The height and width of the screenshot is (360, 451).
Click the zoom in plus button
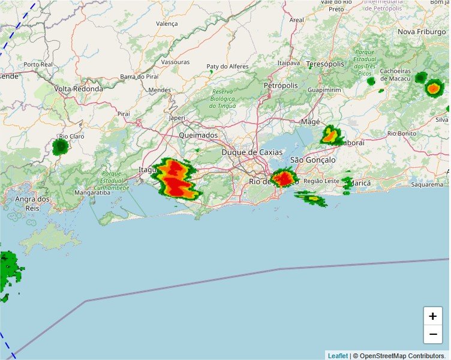click(x=432, y=316)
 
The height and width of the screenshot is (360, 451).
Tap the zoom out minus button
click(x=432, y=334)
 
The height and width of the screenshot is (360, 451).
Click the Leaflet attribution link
click(x=337, y=356)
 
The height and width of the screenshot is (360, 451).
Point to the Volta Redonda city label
click(x=79, y=89)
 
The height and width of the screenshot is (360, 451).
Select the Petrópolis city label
click(x=280, y=85)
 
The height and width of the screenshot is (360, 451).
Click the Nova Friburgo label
click(x=423, y=31)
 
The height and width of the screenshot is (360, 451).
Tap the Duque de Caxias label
click(x=252, y=152)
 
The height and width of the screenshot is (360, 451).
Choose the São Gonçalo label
click(x=312, y=160)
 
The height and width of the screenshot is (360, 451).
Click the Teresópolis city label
click(x=325, y=64)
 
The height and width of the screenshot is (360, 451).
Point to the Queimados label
click(x=199, y=136)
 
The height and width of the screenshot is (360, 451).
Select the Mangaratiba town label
click(x=92, y=193)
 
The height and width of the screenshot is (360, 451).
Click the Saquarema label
click(x=426, y=185)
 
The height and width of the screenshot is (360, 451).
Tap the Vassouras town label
click(x=176, y=62)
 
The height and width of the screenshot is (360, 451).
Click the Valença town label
click(x=167, y=24)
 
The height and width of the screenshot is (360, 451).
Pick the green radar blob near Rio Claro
click(x=60, y=147)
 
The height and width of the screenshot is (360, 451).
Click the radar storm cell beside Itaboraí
click(x=330, y=136)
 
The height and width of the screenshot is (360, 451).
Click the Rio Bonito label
click(x=402, y=133)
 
